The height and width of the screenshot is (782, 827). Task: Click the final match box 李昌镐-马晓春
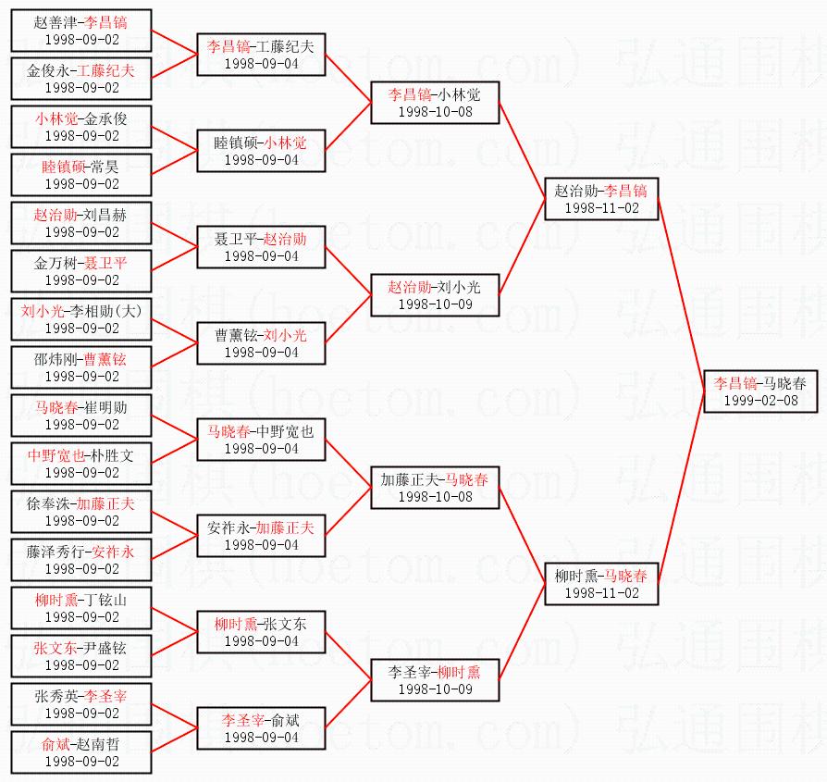tap(760, 391)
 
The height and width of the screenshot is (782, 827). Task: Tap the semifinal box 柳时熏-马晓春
tap(601, 583)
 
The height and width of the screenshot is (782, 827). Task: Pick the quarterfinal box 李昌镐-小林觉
tap(435, 102)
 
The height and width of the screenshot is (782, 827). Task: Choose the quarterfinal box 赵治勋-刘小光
tap(435, 294)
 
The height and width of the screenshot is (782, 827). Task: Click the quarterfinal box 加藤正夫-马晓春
tap(435, 487)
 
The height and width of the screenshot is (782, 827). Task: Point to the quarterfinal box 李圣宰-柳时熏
tap(435, 679)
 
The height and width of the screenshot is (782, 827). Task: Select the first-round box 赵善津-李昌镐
tap(81, 30)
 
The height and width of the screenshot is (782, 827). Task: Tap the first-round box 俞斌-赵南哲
tap(81, 751)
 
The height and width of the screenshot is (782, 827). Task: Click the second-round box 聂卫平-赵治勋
tap(260, 246)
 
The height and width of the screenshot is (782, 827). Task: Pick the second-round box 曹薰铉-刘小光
tap(260, 342)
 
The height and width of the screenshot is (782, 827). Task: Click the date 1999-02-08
tap(760, 401)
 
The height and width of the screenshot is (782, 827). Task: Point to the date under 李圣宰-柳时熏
tap(435, 689)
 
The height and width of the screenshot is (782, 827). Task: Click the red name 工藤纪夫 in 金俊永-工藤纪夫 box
tap(105, 69)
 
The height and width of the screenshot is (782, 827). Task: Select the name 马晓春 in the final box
tap(784, 382)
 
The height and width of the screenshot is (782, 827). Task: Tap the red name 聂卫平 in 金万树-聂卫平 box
tap(105, 262)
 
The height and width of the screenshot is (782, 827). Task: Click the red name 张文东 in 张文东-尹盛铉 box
tap(55, 647)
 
